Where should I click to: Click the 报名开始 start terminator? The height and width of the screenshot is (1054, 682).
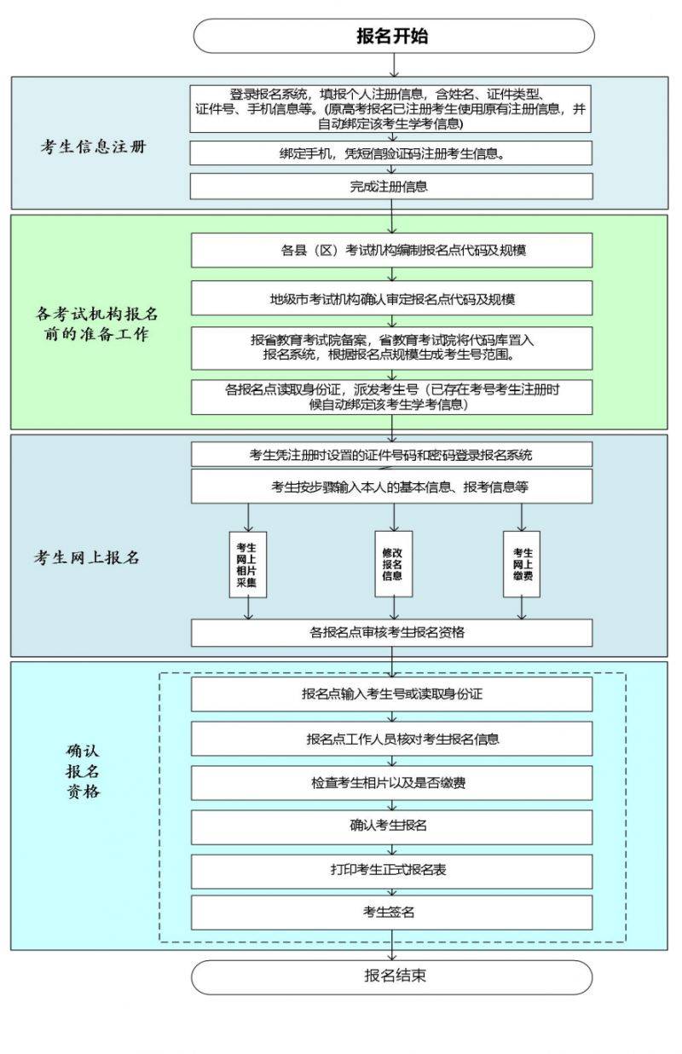click(394, 36)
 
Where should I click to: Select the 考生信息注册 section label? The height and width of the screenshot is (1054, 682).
click(93, 147)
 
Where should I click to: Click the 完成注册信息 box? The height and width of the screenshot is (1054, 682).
click(391, 187)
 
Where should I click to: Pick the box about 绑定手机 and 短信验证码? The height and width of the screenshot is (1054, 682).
click(391, 153)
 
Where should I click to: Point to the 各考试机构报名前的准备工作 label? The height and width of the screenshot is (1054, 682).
click(96, 324)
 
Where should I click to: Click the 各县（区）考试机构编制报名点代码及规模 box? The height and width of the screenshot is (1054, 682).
click(391, 251)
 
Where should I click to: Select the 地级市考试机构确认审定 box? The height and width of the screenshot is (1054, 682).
click(391, 298)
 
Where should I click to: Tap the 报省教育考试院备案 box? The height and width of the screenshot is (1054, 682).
click(391, 348)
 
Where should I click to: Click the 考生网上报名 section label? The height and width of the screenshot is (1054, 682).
click(86, 557)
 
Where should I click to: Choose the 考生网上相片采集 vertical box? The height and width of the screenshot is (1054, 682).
click(248, 565)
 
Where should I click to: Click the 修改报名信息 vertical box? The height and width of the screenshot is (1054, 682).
click(394, 564)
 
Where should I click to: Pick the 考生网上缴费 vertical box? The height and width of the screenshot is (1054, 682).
click(522, 564)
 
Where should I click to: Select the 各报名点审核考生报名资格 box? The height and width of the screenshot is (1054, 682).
click(391, 633)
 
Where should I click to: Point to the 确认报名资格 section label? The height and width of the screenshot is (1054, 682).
click(83, 772)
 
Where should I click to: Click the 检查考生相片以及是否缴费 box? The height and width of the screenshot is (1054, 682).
click(391, 783)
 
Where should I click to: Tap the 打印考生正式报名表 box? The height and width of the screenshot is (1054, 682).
click(391, 872)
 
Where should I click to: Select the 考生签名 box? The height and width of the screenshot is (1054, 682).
click(391, 913)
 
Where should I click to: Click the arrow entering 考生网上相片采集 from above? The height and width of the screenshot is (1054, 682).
click(248, 517)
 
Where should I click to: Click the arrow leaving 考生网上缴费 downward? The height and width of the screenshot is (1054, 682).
click(522, 608)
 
